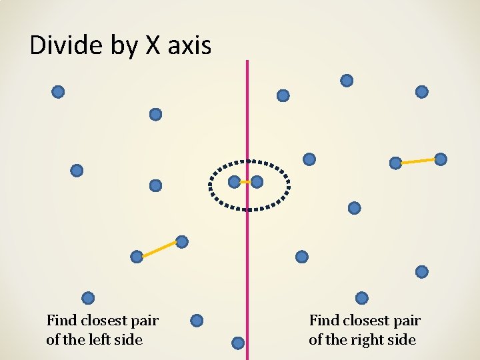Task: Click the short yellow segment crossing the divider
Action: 245,181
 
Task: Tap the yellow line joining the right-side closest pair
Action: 418,161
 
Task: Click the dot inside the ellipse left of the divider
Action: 234,181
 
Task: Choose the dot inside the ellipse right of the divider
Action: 257,181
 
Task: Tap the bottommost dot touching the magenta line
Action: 238,343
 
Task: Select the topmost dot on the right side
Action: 347,81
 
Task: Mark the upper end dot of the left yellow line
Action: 181,241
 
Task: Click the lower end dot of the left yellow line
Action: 137,257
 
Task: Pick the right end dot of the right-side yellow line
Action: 441,159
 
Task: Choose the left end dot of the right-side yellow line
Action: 395,162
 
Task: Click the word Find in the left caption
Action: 61,321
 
